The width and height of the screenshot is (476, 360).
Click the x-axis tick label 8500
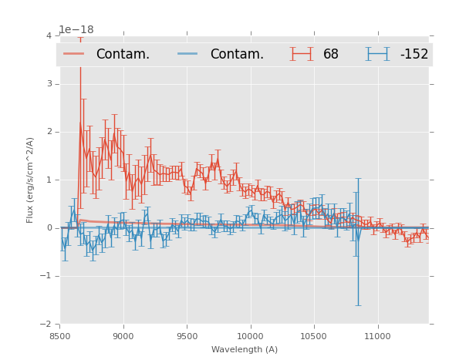point(60,337)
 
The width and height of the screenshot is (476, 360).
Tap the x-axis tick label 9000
point(123,337)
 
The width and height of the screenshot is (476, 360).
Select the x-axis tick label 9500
point(187,337)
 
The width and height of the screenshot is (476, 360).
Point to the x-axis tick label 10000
point(250,337)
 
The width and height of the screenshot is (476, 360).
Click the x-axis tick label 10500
point(313,337)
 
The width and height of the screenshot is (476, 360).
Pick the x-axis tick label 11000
point(377,337)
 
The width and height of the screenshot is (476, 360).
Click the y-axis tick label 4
point(49,35)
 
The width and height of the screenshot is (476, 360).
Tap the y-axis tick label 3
point(49,84)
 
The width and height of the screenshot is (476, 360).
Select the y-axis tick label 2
point(49,132)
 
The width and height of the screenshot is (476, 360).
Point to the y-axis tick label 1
point(49,180)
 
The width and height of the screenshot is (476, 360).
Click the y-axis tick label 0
point(49,228)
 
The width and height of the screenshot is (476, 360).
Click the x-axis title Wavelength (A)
point(245,350)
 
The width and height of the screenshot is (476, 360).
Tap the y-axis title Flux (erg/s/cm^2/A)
point(31,180)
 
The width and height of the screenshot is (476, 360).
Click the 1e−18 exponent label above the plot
point(76,30)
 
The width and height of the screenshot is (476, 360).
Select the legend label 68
point(331,55)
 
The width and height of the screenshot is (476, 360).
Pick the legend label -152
point(414,55)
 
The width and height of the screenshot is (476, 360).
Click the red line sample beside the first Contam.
point(74,54)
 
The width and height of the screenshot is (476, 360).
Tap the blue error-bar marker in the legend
point(377,54)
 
